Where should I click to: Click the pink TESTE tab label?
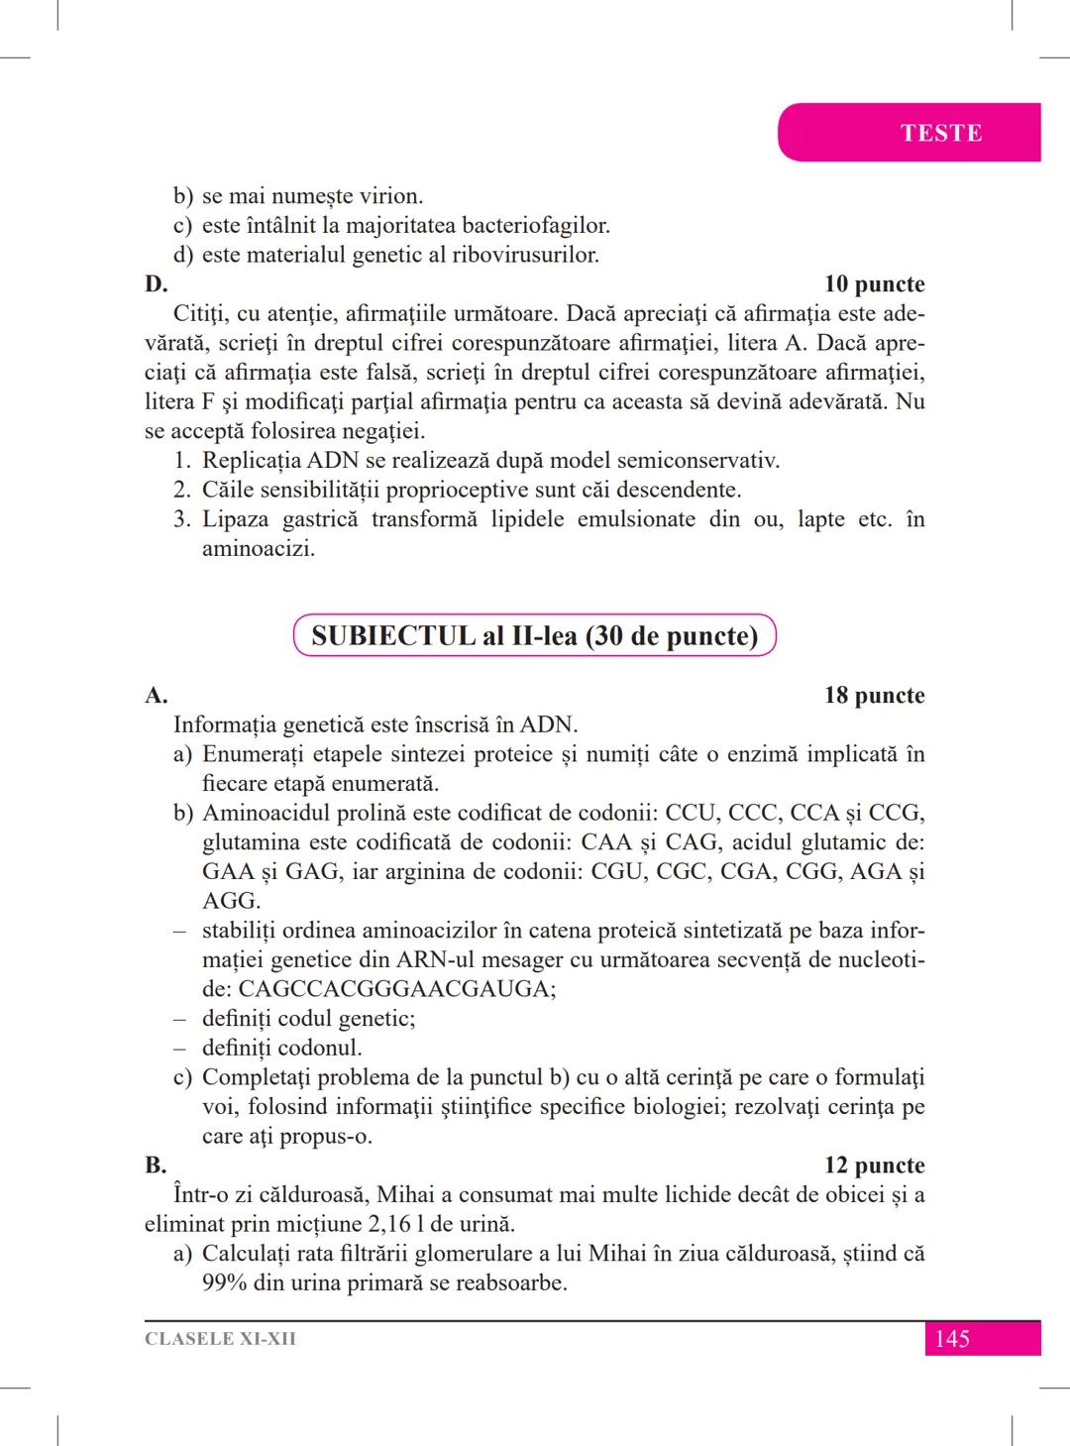click(x=940, y=133)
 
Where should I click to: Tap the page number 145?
click(x=951, y=1339)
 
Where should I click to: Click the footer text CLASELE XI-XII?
click(x=220, y=1339)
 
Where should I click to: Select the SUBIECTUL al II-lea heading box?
click(x=534, y=636)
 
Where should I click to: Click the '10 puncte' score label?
click(x=874, y=284)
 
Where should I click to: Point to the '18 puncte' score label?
click(x=874, y=696)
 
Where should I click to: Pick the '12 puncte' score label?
click(x=874, y=1166)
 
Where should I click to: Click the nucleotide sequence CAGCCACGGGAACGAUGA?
click(x=396, y=989)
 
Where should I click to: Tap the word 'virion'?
click(x=389, y=196)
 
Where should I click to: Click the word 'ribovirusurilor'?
click(x=524, y=255)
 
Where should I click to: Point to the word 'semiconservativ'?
click(x=697, y=461)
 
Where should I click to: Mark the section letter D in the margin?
click(x=155, y=284)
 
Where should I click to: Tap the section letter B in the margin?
click(x=155, y=1166)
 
